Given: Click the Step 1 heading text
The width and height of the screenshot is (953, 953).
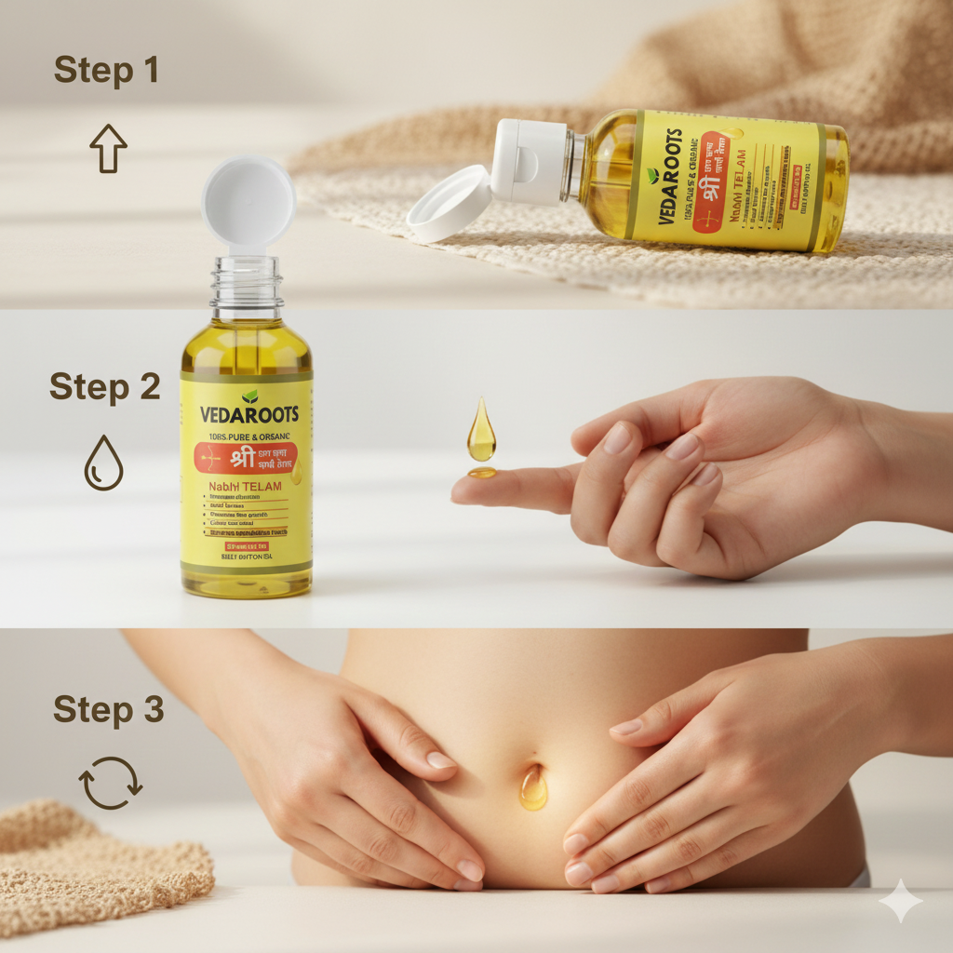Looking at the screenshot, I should [105, 71].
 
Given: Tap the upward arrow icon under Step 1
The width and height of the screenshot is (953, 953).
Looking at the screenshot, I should [108, 150].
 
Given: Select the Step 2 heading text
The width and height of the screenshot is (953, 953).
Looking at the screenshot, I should [104, 386].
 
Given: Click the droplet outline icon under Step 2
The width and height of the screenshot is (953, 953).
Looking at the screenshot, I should [102, 463].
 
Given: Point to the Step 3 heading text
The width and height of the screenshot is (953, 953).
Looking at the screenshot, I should [108, 709].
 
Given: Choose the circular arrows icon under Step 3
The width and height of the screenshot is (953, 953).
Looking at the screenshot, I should [111, 783].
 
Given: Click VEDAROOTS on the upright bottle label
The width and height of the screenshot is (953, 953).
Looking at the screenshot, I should [247, 413].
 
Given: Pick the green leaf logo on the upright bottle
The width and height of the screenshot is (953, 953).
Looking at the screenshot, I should [249, 396].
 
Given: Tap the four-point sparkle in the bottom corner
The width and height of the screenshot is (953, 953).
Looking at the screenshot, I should [900, 900].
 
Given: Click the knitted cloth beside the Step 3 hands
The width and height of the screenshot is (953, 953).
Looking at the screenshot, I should [93, 861].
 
